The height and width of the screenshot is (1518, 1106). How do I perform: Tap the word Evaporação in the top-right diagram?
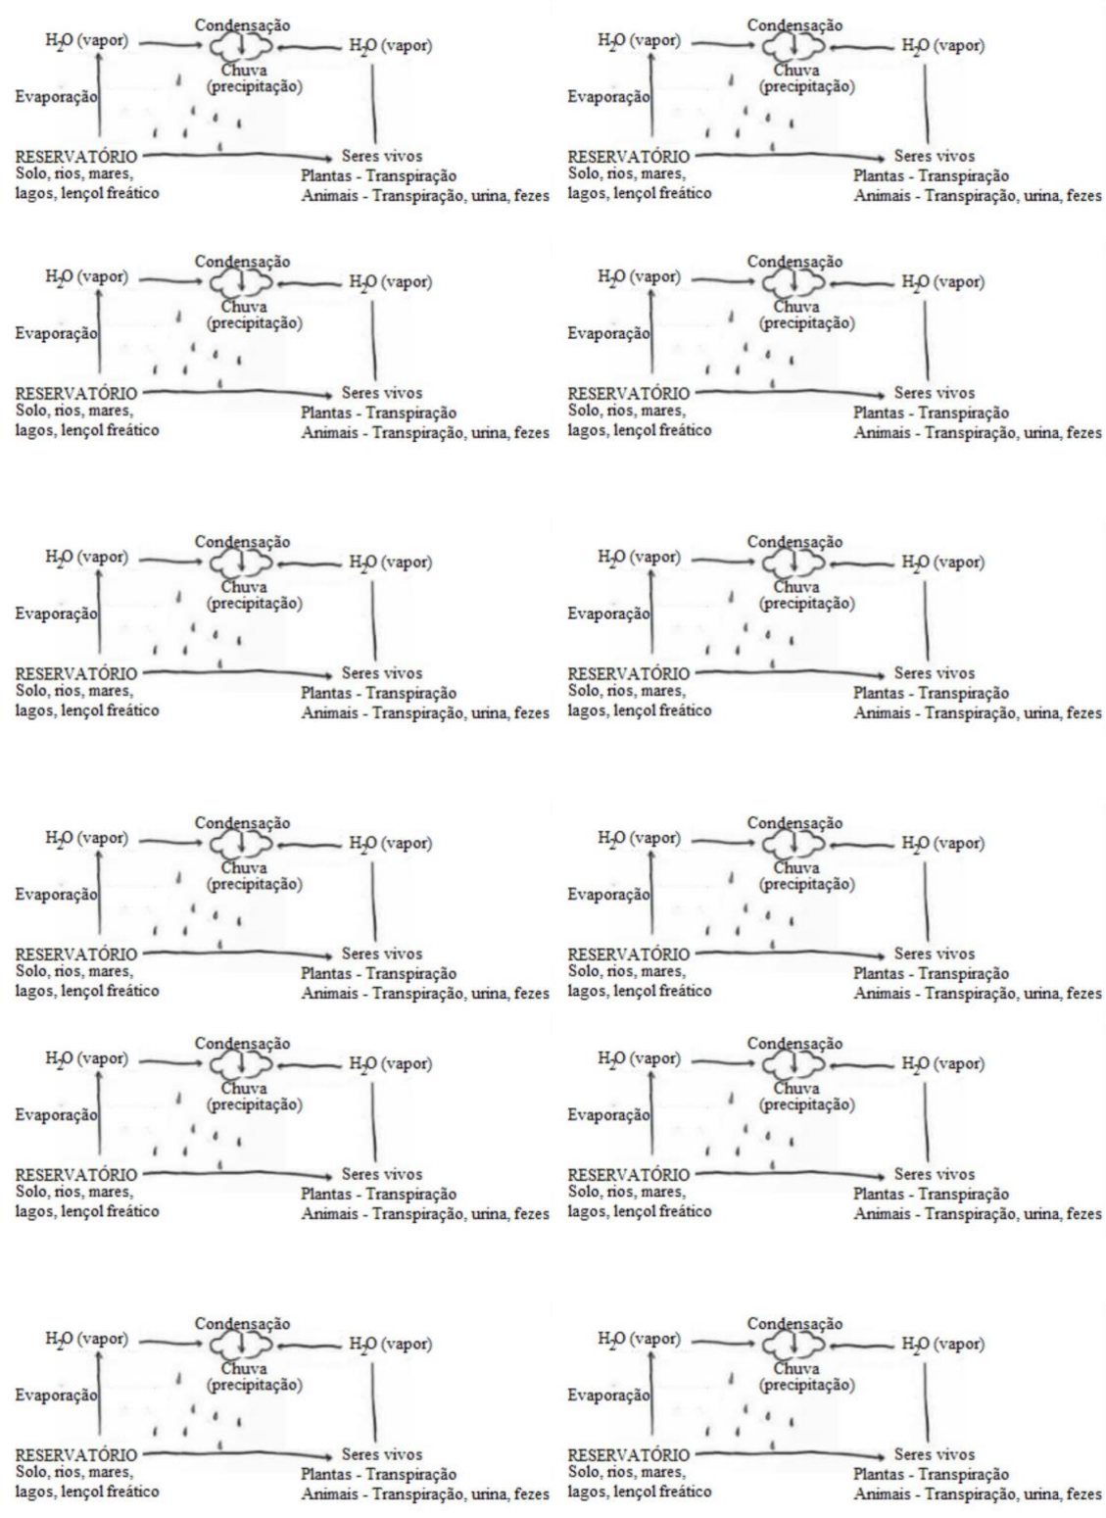pyautogui.click(x=609, y=96)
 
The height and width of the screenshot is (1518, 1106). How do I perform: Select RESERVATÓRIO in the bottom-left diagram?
pyautogui.click(x=76, y=1454)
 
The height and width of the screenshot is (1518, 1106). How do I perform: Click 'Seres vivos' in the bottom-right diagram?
pyautogui.click(x=934, y=1454)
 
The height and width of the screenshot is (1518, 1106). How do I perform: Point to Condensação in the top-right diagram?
pyautogui.click(x=794, y=25)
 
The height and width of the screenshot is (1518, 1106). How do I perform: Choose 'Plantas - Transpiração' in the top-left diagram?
pyautogui.click(x=378, y=176)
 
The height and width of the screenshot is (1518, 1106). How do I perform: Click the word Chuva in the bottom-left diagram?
pyautogui.click(x=244, y=1368)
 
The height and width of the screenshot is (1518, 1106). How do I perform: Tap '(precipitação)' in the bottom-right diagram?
pyautogui.click(x=807, y=1385)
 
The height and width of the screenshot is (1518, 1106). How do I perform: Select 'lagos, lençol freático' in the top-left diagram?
pyautogui.click(x=87, y=193)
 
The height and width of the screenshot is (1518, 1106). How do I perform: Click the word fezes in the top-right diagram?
pyautogui.click(x=1083, y=196)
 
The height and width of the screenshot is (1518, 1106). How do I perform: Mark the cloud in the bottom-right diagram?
pyautogui.click(x=793, y=1345)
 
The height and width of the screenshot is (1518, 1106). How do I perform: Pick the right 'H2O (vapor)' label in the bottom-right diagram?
pyautogui.click(x=942, y=1344)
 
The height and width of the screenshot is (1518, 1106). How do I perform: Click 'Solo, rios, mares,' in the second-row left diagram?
pyautogui.click(x=74, y=411)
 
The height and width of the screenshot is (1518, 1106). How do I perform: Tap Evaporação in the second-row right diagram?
pyautogui.click(x=609, y=333)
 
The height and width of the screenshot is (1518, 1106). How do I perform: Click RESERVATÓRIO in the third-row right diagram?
pyautogui.click(x=629, y=673)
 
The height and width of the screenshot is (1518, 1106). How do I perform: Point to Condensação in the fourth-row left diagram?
pyautogui.click(x=242, y=823)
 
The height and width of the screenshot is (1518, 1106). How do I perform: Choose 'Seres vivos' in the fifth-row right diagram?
pyautogui.click(x=934, y=1174)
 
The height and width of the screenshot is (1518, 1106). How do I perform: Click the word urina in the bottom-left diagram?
pyautogui.click(x=490, y=1494)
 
